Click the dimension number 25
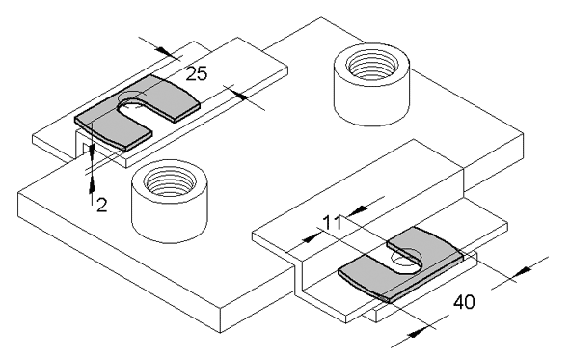[197, 73]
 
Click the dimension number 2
[102, 206]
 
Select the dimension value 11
[332, 223]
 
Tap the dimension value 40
[464, 302]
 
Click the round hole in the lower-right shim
[405, 260]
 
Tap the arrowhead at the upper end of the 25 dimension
[166, 52]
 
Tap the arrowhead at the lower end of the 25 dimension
[237, 94]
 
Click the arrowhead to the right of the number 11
[359, 209]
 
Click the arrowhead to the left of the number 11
[312, 238]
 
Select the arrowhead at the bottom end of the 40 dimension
[417, 332]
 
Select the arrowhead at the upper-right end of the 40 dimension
[524, 270]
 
